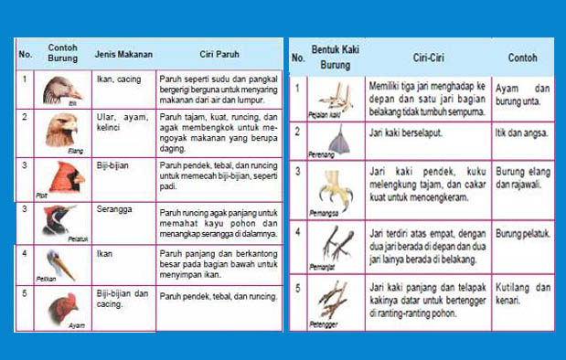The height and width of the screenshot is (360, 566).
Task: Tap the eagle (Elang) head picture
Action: click(x=61, y=131)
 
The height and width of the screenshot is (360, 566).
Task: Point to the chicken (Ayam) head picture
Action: click(x=61, y=309)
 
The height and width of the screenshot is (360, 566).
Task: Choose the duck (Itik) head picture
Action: click(x=60, y=90)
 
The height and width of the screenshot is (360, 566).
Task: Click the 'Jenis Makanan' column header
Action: click(x=123, y=54)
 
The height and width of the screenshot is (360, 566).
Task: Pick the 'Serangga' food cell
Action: click(x=114, y=209)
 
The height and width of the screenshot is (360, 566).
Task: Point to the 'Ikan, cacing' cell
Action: click(x=119, y=79)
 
